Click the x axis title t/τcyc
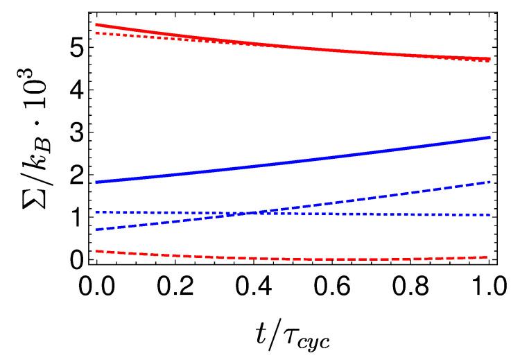pos(293,334)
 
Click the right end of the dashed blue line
pos(490,182)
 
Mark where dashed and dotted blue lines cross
pos(265,213)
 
